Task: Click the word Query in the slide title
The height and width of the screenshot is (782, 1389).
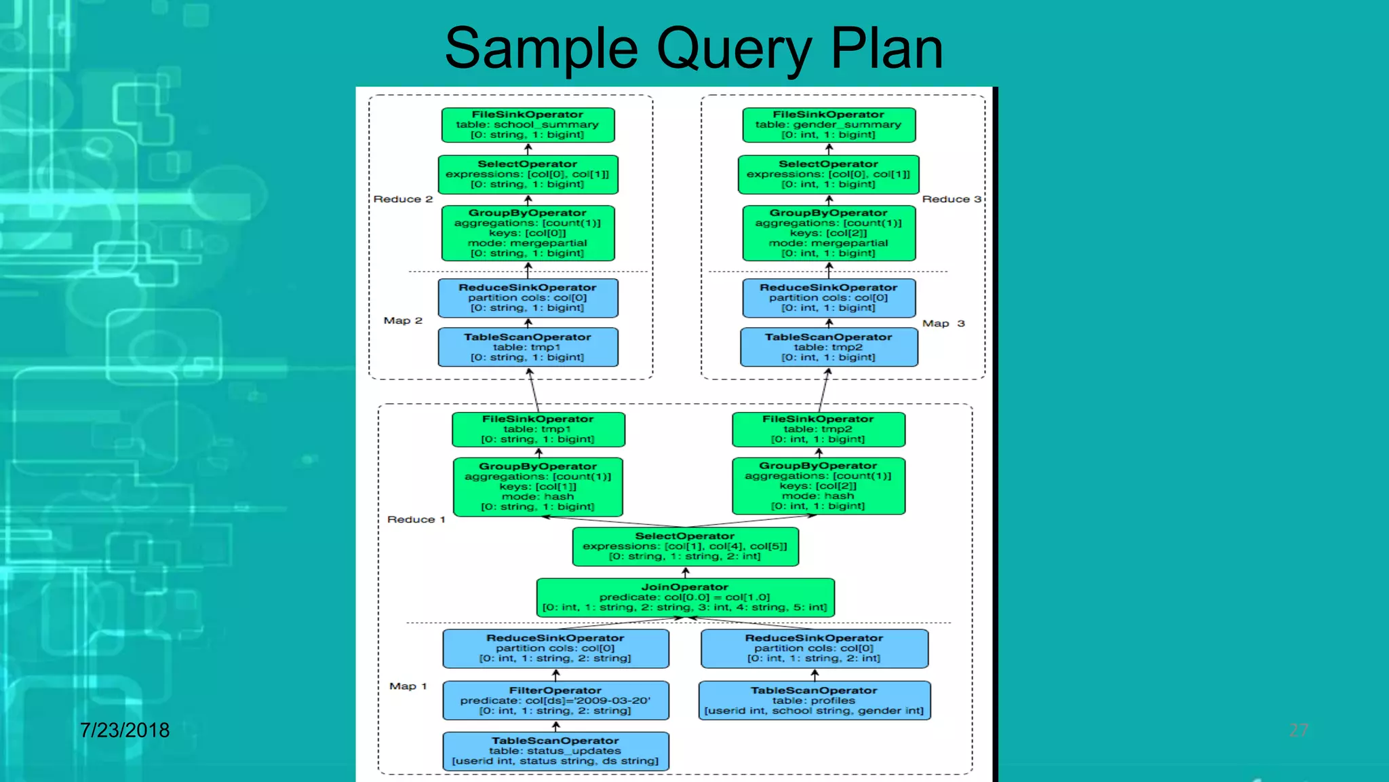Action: [735, 49]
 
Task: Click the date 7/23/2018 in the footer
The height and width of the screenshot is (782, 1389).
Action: [125, 730]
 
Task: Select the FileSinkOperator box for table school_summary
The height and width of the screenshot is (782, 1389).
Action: [528, 125]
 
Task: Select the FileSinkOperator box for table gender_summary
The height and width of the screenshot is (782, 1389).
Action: [829, 125]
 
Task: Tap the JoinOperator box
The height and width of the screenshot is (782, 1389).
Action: [685, 597]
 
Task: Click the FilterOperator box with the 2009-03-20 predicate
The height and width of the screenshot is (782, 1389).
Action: [555, 701]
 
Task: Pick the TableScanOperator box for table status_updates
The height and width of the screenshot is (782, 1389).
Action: [555, 751]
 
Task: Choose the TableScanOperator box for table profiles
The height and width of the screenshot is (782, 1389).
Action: [814, 701]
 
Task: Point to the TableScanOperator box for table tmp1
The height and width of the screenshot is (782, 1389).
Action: [528, 347]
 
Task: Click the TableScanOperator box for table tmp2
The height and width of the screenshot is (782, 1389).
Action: [829, 347]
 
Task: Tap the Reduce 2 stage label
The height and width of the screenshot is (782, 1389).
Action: [403, 199]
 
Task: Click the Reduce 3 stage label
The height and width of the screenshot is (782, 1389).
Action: [951, 199]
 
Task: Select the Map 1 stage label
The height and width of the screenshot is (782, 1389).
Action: [408, 686]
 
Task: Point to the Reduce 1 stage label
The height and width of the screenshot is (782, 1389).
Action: [416, 519]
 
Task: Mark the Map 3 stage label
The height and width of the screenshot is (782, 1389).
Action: [943, 324]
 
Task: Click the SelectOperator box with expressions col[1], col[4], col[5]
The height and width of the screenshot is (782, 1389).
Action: [685, 546]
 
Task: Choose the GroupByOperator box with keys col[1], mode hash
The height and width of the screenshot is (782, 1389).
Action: [538, 487]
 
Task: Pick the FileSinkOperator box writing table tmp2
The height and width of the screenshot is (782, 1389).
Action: [818, 429]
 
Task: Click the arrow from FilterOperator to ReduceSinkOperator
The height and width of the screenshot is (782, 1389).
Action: [556, 675]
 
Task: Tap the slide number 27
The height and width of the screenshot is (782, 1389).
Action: [1298, 730]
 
